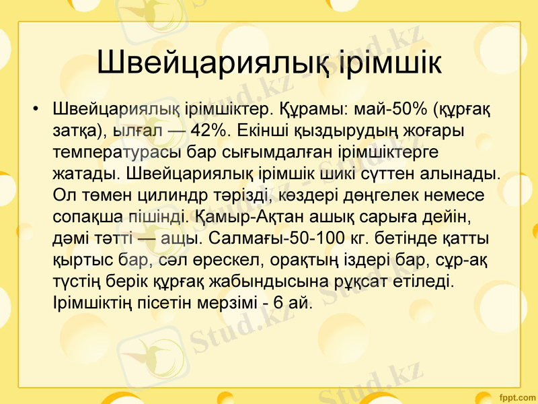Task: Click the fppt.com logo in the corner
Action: pyautogui.click(x=514, y=395)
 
